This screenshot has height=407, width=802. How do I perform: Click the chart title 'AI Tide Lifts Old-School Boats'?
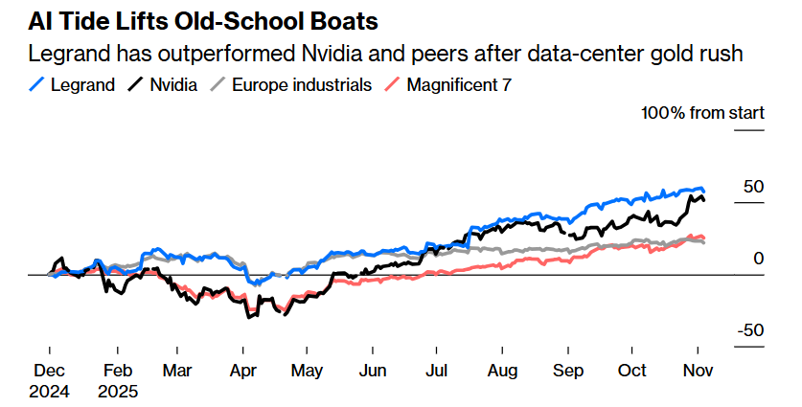[191, 21]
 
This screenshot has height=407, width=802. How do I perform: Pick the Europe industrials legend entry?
[292, 85]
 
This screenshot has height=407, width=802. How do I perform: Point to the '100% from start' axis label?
[702, 114]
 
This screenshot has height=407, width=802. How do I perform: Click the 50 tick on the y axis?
[753, 187]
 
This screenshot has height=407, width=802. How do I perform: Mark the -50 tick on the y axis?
[749, 330]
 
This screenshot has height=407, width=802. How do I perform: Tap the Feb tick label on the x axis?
[117, 372]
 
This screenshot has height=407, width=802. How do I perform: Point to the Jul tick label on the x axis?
[436, 372]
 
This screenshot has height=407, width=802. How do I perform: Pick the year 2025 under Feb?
[117, 391]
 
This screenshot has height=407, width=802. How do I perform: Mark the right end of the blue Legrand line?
[704, 191]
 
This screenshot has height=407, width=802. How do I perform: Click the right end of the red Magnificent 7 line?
[704, 237]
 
